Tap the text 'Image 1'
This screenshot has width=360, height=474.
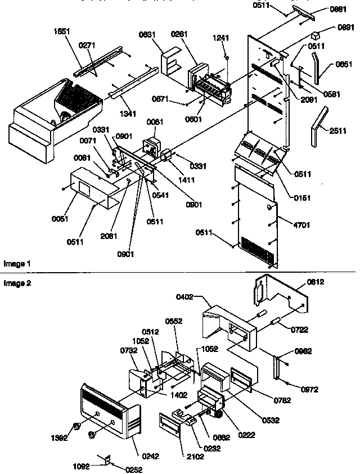17,263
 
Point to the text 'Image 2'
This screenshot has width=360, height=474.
17,283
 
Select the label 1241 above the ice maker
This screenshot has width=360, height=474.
222,38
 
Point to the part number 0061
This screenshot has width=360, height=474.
153,121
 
